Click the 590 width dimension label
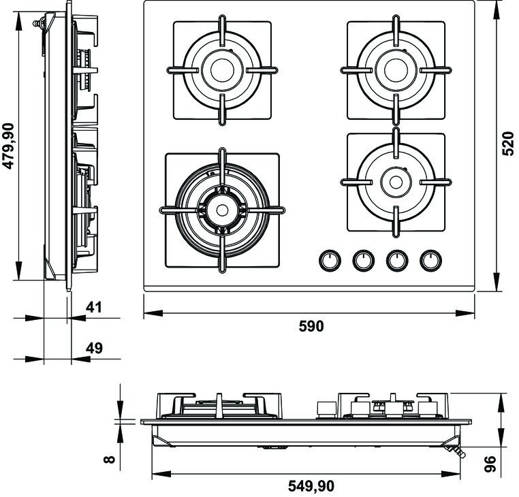[x=311, y=326]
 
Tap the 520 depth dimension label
[x=507, y=143]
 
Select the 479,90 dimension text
[x=8, y=146]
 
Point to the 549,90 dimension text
[x=311, y=485]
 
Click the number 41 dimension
[x=94, y=308]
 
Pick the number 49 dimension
[x=94, y=348]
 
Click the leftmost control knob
[x=330, y=260]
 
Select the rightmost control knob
[x=430, y=260]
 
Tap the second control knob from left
[x=364, y=260]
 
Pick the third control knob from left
[x=397, y=260]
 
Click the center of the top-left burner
[x=223, y=70]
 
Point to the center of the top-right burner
[x=396, y=70]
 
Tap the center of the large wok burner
[x=222, y=210]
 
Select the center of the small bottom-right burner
[x=396, y=182]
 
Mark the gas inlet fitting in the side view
[x=39, y=23]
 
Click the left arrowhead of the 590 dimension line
[x=153, y=312]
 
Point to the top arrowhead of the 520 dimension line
[x=497, y=11]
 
